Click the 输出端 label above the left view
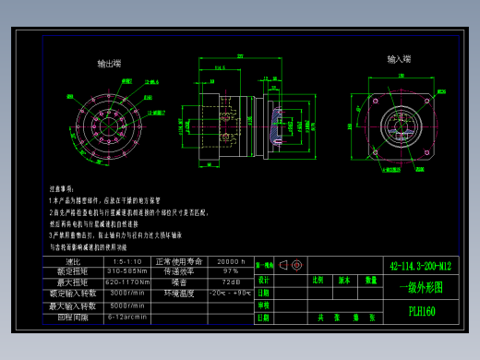(x=109, y=64)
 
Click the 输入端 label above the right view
(x=400, y=59)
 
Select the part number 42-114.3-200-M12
(x=421, y=264)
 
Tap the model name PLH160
(x=421, y=311)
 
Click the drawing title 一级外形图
(x=421, y=287)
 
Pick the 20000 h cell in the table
(x=230, y=262)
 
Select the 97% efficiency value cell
(x=230, y=272)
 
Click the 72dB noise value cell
(x=230, y=282)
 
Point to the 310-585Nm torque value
(x=126, y=272)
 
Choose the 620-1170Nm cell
(x=126, y=282)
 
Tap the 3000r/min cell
(x=126, y=293)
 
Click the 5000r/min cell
(x=126, y=306)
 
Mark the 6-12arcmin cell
(x=126, y=317)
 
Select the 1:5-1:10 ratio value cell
(x=126, y=262)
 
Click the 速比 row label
(x=73, y=262)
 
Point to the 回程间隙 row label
(x=73, y=317)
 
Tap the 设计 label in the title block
(x=263, y=280)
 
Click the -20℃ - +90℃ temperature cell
(x=230, y=293)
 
